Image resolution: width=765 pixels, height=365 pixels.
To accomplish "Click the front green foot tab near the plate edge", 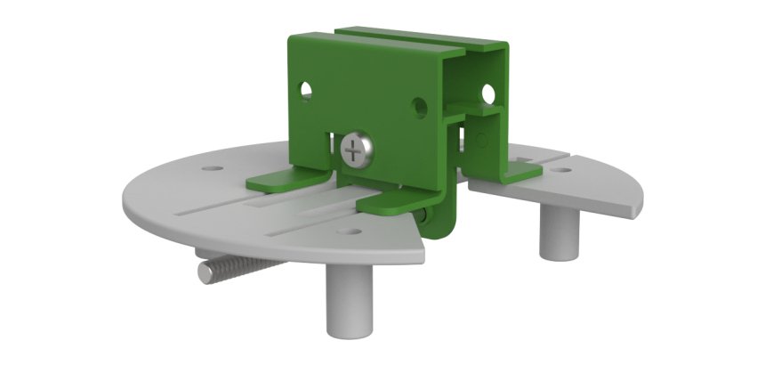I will pyautogui.click(x=392, y=203).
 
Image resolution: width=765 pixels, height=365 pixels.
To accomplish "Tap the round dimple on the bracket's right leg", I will pyautogui.click(x=481, y=140).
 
